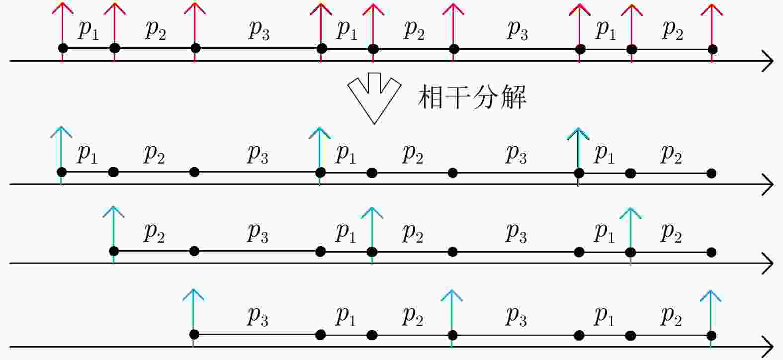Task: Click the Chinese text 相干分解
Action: [x=472, y=97]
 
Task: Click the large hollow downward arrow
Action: [x=374, y=98]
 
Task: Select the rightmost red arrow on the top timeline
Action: [x=712, y=33]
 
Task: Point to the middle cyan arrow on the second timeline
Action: [x=320, y=156]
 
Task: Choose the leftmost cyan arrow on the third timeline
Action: [x=114, y=235]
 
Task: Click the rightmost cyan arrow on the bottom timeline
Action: [x=710, y=319]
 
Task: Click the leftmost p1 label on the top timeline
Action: [x=88, y=30]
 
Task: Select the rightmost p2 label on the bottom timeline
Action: [x=671, y=317]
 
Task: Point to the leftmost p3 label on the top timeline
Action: [x=259, y=30]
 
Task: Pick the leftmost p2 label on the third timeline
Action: [x=154, y=233]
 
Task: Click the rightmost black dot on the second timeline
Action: [x=711, y=173]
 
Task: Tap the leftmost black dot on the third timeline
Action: [x=114, y=251]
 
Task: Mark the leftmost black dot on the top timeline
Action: [x=63, y=48]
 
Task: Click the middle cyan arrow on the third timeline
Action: [x=372, y=235]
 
